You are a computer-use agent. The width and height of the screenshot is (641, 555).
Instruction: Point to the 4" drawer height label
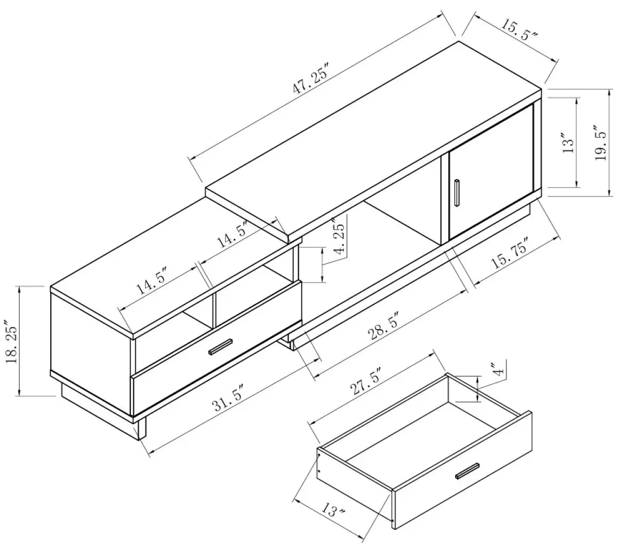click(497, 369)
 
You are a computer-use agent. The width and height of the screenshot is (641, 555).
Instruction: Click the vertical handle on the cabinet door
click(457, 192)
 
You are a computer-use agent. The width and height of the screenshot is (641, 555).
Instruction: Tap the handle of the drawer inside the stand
click(220, 346)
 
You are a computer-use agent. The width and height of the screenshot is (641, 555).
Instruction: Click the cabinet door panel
click(491, 171)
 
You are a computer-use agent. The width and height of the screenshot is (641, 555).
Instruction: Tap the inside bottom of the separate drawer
click(427, 438)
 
